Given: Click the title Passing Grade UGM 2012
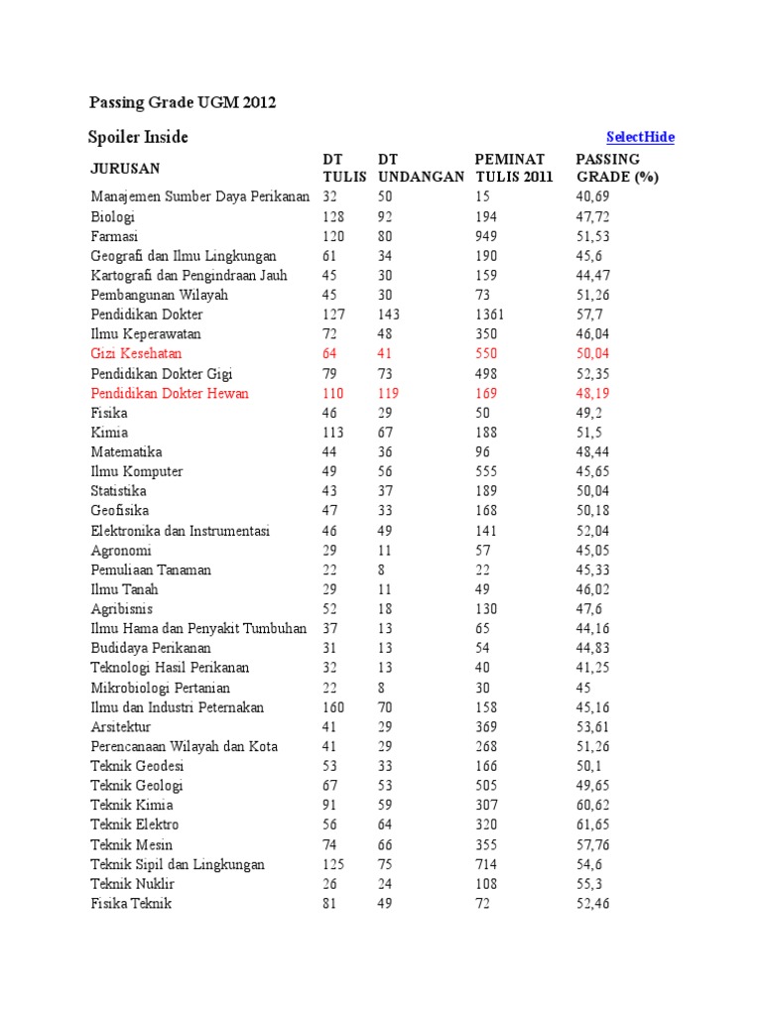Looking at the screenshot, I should point(183,102).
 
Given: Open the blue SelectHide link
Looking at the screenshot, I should point(640,137).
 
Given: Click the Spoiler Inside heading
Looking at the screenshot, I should point(139,137).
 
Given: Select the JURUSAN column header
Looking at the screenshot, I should point(125,168).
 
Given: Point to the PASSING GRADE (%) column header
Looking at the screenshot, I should point(617,168).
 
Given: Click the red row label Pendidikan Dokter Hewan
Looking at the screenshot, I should point(170,393).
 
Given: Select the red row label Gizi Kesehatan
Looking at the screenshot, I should point(136,353).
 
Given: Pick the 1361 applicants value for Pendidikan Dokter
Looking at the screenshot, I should point(491,315).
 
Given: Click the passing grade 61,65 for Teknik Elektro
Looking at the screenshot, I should point(593,825).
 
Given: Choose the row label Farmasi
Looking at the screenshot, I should point(115,236).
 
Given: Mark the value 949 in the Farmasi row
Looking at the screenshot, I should point(487,236).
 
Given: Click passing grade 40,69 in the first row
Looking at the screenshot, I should point(593,196).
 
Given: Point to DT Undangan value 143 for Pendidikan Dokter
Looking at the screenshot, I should point(389,315).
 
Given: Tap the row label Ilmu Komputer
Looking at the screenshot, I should point(137,471).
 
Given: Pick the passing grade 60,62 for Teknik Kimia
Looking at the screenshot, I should point(593,805).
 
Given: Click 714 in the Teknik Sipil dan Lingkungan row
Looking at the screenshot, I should point(487,864).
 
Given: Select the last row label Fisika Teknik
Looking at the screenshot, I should point(131,903).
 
